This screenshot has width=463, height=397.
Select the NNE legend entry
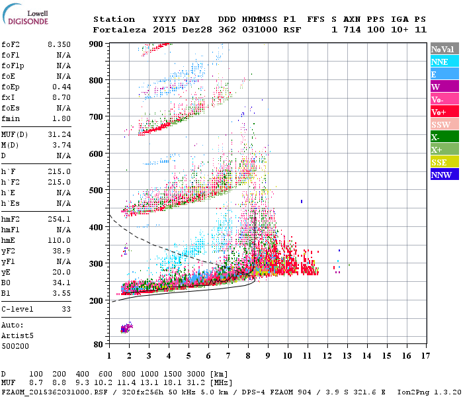444,62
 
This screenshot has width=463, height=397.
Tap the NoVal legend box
444,49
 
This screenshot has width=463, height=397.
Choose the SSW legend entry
444,124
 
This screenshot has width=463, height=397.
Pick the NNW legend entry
444,175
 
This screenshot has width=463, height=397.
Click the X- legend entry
444,137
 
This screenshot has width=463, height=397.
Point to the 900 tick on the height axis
97,44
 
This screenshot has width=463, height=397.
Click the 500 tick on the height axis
97,191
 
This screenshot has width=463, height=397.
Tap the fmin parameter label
11,118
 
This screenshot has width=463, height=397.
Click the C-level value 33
65,309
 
